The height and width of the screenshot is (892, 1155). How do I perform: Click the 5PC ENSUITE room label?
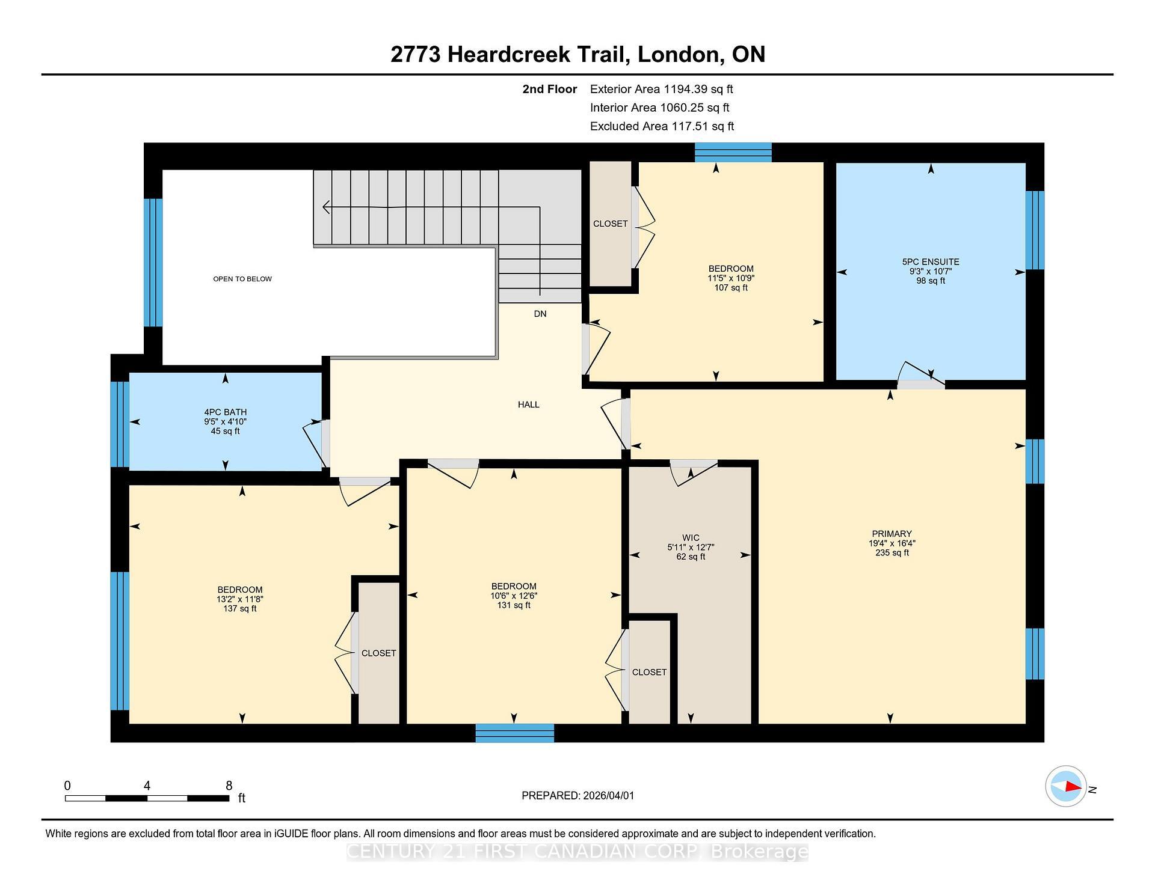coord(931,262)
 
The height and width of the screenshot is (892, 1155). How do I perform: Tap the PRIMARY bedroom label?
coord(892,534)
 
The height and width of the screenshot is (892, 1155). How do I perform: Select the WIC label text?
coord(691,538)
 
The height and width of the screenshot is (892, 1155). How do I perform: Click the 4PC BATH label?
coord(225,412)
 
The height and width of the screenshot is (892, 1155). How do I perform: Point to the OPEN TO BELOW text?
coord(242,279)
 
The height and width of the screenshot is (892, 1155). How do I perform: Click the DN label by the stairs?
coord(540,314)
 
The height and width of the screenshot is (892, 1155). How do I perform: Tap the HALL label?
coord(528,405)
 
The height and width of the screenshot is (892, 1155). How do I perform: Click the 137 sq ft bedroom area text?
coord(239,608)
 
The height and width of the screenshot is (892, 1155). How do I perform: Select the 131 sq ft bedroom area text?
coord(514,605)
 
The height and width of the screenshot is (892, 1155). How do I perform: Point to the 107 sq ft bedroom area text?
coord(730,288)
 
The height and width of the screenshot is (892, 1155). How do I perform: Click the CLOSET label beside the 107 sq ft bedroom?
coord(610,224)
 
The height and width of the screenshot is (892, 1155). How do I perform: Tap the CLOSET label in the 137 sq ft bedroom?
coord(378,653)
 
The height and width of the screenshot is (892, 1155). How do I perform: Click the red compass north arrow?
coord(1072,786)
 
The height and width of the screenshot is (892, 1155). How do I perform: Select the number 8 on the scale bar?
coord(229,786)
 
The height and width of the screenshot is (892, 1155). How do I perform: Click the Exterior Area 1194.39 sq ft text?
coord(661,90)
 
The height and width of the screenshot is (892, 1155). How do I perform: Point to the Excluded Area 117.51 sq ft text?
coord(662,126)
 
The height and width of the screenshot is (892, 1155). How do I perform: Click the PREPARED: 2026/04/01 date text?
coord(577,796)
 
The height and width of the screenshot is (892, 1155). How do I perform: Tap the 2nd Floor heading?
coord(549,90)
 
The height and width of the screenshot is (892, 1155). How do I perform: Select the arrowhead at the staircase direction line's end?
coord(325,207)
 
